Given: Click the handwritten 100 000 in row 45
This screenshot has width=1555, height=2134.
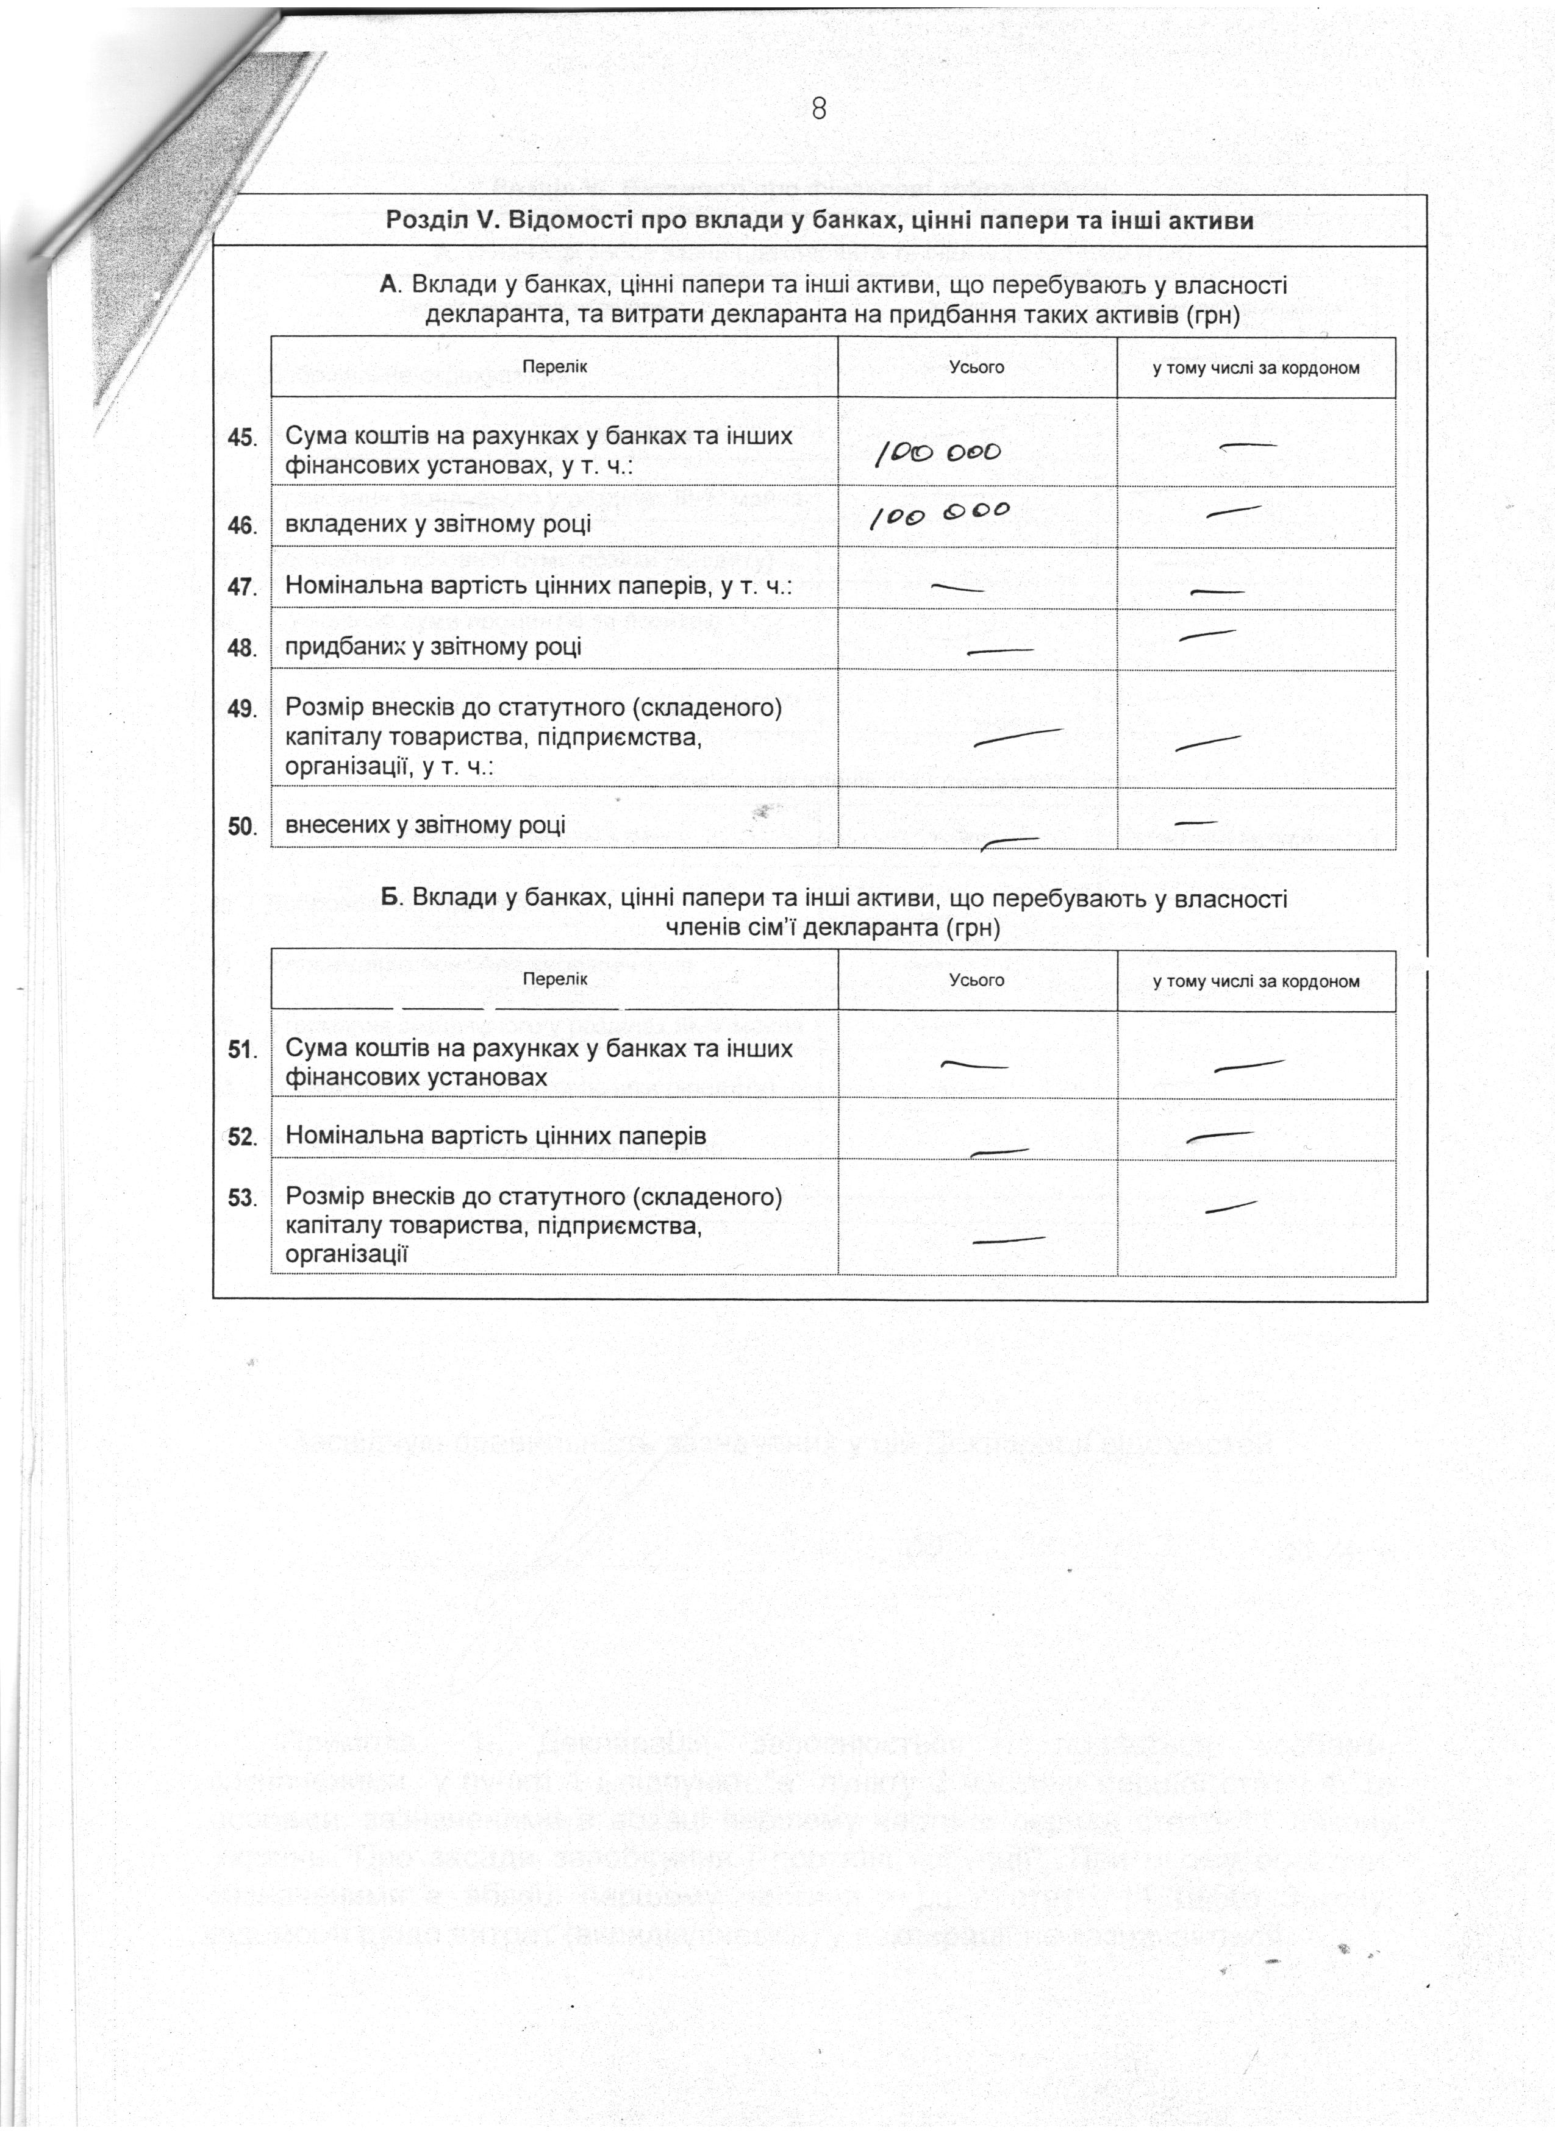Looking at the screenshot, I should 938,453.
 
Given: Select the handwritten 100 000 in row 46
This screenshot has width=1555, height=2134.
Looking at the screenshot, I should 938,514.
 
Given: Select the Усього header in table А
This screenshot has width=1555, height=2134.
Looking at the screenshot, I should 976,367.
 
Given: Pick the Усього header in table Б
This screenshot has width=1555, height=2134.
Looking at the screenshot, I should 976,980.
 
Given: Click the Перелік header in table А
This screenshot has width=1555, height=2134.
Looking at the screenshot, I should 554,367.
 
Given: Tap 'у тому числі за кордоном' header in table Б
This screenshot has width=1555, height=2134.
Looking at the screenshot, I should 1256,981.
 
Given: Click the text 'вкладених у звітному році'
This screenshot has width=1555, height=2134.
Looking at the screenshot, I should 438,524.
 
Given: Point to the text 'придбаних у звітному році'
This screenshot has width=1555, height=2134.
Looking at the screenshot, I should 433,646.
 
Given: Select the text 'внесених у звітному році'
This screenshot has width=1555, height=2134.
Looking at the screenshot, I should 426,825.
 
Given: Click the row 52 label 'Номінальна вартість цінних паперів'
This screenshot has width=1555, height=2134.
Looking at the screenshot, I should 495,1136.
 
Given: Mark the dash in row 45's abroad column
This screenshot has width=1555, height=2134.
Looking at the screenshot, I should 1248,446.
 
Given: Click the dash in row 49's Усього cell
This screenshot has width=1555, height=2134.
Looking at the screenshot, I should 1018,737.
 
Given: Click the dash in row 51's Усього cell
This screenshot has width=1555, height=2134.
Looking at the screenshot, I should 974,1065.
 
